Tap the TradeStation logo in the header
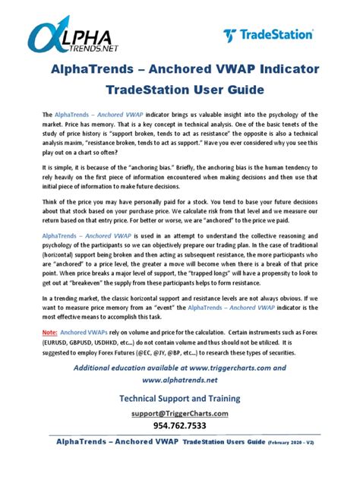coord(268,35)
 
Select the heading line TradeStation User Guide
coord(179,90)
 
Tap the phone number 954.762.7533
coord(179,425)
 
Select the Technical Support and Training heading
coord(179,397)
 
